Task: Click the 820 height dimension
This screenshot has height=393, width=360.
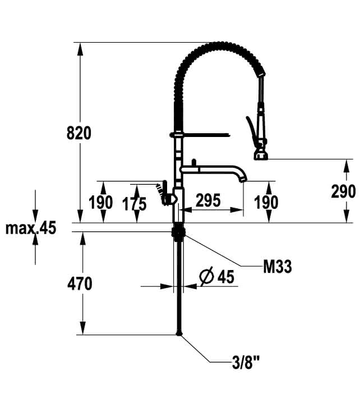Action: pyautogui.click(x=79, y=133)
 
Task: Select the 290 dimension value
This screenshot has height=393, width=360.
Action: pyautogui.click(x=343, y=191)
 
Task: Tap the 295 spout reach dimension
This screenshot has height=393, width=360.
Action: pyautogui.click(x=208, y=200)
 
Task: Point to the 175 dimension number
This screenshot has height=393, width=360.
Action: pyautogui.click(x=134, y=204)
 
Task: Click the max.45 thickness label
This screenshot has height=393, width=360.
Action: pyautogui.click(x=31, y=228)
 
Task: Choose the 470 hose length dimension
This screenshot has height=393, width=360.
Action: pyautogui.click(x=80, y=284)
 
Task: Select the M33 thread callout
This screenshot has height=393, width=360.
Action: pyautogui.click(x=278, y=266)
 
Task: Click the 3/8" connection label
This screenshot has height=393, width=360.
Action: pyautogui.click(x=246, y=362)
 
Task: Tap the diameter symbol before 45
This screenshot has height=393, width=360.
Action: pyautogui.click(x=207, y=276)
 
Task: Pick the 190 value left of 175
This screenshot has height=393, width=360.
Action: pyautogui.click(x=100, y=202)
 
